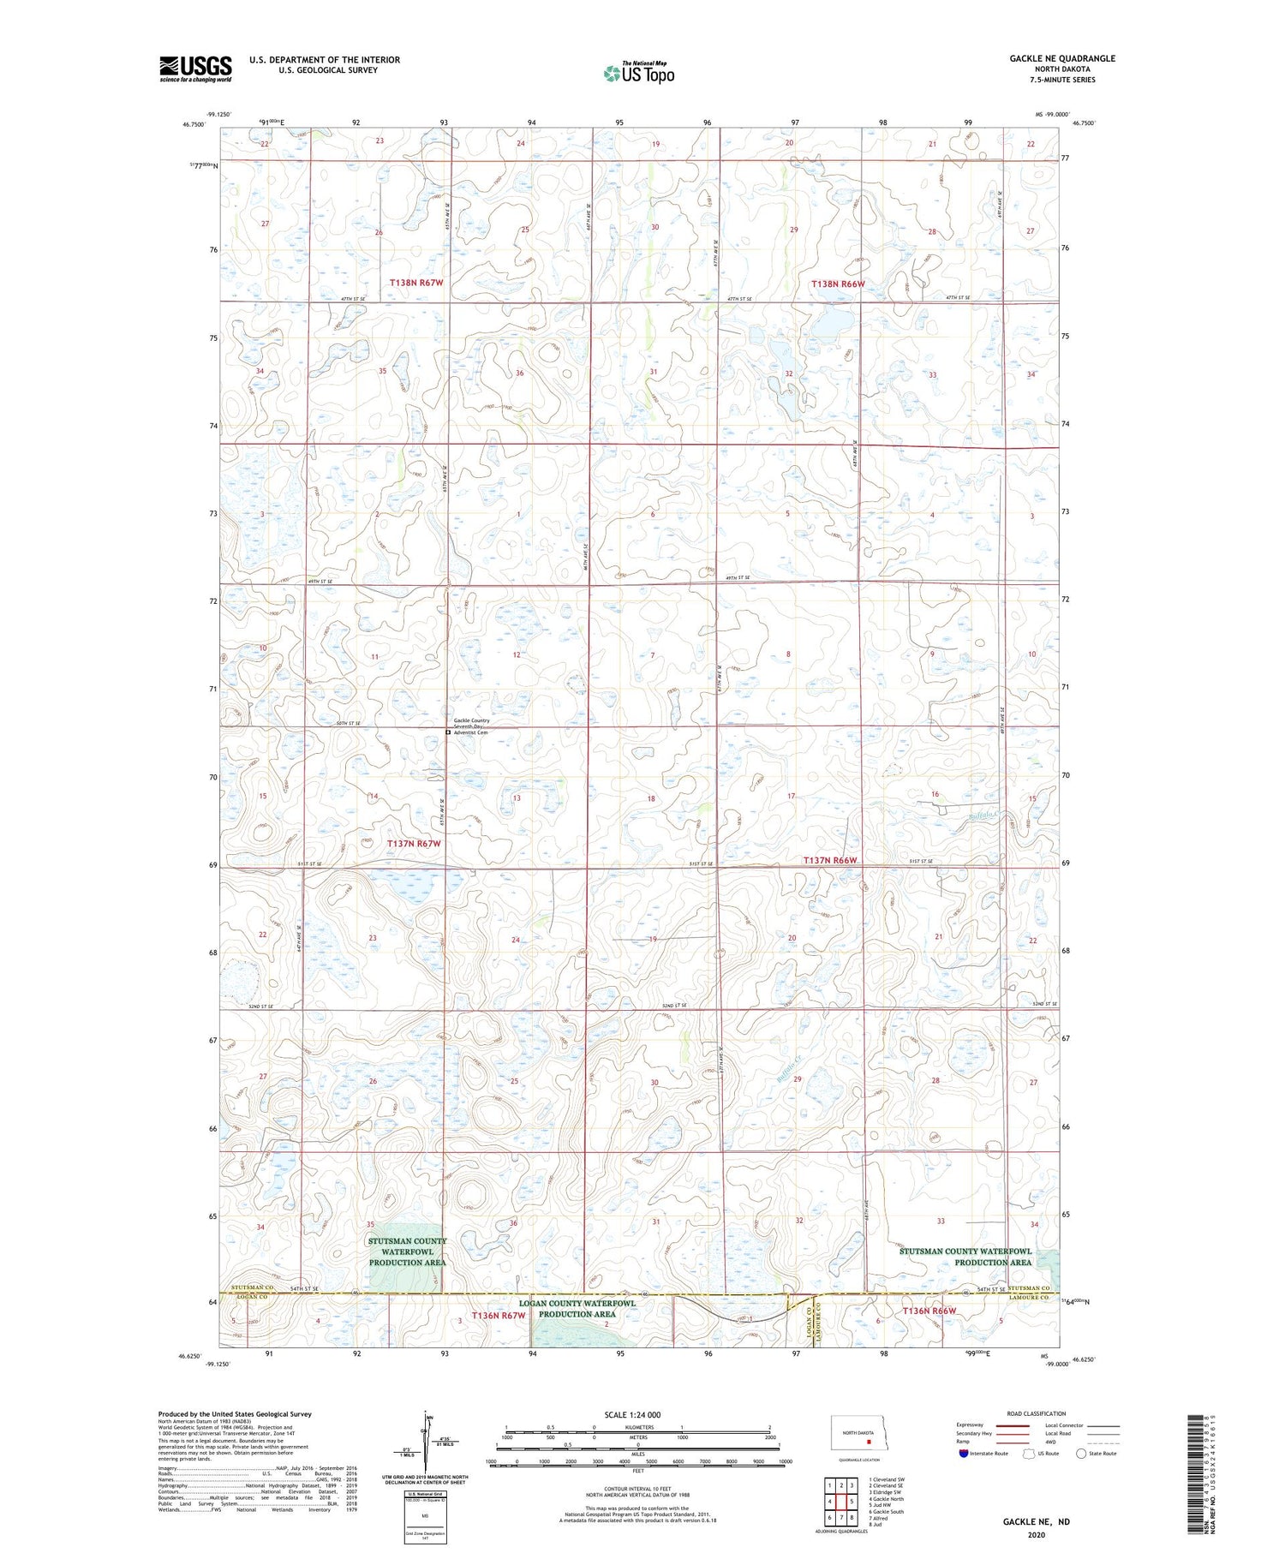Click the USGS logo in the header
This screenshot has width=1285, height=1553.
[195, 69]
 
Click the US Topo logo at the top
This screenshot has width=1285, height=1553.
[638, 74]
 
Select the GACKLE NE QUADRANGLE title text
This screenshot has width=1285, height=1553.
[1062, 58]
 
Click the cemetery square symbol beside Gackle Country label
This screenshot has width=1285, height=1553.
[448, 732]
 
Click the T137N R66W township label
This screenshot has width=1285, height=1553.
[829, 860]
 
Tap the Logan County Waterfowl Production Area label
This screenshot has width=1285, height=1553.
[577, 1308]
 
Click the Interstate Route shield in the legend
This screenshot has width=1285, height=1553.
[964, 1453]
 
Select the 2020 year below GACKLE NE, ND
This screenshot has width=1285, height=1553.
[1037, 1535]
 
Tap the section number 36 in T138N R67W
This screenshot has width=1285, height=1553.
[519, 373]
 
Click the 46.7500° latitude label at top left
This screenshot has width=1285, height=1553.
[194, 124]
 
